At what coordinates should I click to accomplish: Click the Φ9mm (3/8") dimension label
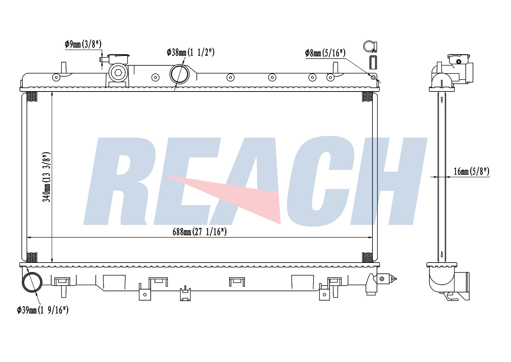pos(83,44)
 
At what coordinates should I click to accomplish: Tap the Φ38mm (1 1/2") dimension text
pos(191,52)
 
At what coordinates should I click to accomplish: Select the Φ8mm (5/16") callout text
pos(325,53)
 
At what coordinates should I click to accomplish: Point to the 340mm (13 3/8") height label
pos(47,177)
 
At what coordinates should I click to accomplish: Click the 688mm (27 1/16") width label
pos(200,232)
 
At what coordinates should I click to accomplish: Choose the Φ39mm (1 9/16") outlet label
pos(43,310)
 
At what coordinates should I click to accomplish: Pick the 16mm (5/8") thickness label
pos(471,171)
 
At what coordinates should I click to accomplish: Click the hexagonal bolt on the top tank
pos(118,73)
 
